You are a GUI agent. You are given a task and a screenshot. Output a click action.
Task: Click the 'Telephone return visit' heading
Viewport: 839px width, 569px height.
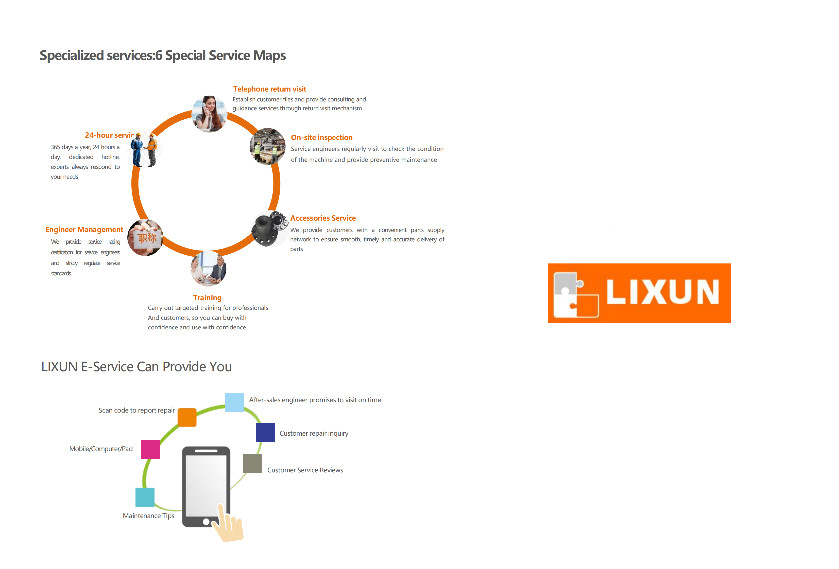click(269, 89)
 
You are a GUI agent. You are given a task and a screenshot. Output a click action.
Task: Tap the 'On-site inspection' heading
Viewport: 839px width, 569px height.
click(322, 137)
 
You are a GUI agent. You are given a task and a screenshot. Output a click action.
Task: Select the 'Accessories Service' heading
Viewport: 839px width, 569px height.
click(323, 218)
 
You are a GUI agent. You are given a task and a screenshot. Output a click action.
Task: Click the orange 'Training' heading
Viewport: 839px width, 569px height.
click(207, 298)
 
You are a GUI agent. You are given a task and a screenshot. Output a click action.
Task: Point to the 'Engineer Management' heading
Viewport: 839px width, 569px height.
click(84, 230)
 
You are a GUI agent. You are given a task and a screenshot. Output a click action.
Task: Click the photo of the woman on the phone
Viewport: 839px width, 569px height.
click(209, 114)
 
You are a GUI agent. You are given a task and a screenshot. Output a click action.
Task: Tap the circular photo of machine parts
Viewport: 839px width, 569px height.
click(270, 229)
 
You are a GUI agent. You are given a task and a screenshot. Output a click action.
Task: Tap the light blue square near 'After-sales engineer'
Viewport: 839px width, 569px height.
click(234, 403)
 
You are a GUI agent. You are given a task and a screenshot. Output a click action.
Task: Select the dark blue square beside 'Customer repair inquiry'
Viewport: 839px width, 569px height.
click(266, 432)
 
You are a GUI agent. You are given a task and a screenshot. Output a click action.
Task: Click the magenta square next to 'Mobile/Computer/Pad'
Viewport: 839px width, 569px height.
click(150, 450)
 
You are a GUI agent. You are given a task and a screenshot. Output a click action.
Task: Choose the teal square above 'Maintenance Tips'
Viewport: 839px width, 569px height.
click(145, 497)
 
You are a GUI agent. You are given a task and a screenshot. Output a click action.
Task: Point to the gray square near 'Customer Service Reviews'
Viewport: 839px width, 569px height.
click(253, 464)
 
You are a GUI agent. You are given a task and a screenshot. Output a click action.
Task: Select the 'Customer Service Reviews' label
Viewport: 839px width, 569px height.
click(305, 470)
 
